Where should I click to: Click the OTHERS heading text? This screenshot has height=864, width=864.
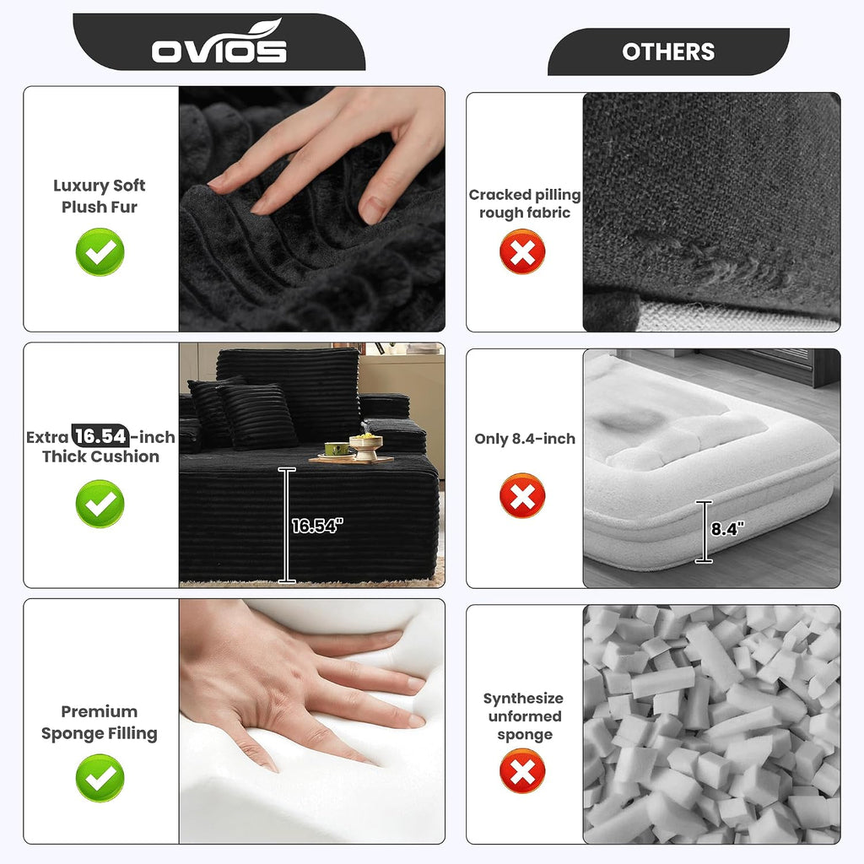[668, 51]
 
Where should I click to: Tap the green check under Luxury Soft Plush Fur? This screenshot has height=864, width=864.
[100, 251]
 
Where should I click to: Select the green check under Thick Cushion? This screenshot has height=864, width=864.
[100, 504]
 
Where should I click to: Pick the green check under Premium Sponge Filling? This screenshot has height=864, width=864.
[100, 777]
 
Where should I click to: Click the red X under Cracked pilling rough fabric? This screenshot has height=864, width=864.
[522, 251]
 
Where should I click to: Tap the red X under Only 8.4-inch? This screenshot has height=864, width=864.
[522, 495]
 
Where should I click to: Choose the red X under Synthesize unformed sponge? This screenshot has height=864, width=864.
[522, 770]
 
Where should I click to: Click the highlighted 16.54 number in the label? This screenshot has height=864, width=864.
[101, 436]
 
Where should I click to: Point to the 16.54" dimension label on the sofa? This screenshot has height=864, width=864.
[317, 526]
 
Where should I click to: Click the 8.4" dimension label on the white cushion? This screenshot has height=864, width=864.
[727, 529]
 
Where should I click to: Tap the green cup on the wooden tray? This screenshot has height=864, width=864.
[337, 449]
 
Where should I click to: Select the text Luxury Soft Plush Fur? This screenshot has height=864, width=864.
[100, 196]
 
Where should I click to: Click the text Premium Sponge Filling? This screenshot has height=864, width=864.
[100, 722]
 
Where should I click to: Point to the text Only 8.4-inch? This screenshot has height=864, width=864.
[525, 439]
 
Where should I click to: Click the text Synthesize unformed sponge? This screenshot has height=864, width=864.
[524, 716]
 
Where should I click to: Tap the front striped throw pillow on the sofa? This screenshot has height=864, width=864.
[258, 416]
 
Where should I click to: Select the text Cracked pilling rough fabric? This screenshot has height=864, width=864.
[525, 204]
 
